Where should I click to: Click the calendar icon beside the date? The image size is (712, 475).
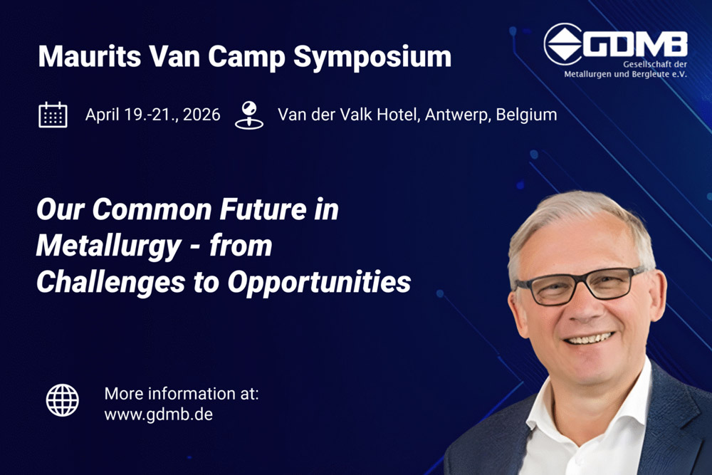[53, 115]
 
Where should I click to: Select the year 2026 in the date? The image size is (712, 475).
[201, 114]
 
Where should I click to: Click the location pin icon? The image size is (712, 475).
[248, 115]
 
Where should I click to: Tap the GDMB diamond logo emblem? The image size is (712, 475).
[563, 44]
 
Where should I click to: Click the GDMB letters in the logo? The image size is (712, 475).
[636, 44]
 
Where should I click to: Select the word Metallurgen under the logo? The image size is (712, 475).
[591, 74]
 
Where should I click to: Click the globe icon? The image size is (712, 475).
[63, 400]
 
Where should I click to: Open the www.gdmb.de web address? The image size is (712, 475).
[158, 414]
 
